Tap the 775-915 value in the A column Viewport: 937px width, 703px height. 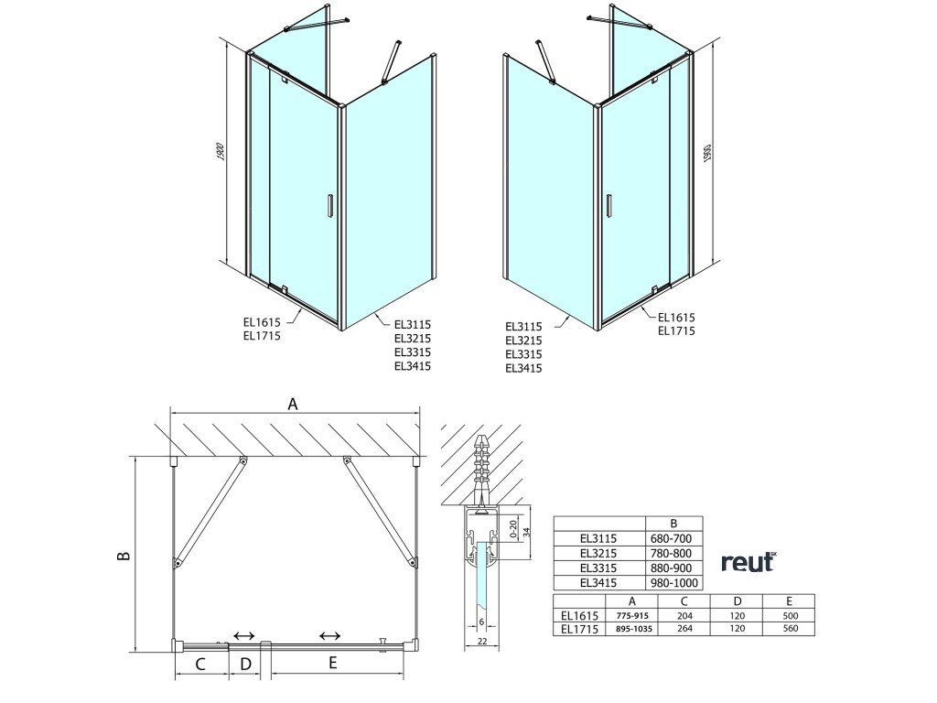[632, 616]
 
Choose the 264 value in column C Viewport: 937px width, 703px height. [684, 629]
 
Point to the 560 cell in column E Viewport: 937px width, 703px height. [790, 629]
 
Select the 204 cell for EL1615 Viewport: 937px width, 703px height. [684, 616]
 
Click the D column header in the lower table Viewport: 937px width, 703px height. [737, 601]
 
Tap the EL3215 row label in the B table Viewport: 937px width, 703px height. [598, 553]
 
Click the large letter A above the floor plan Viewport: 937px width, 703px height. [294, 403]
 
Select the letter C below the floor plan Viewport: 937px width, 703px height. [200, 664]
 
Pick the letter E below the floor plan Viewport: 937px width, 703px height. [333, 664]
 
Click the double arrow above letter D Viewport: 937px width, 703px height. [244, 635]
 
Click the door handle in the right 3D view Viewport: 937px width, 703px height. [607, 205]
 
